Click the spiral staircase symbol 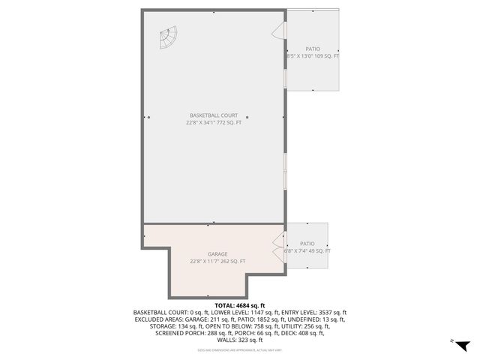(169, 36)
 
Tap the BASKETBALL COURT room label (214, 115)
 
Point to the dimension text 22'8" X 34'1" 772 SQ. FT (214, 122)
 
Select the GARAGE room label (217, 254)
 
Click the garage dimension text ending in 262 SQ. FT (217, 261)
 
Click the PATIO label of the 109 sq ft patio (312, 49)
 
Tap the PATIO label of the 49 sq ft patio (307, 244)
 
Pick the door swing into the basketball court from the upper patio (278, 29)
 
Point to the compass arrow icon (463, 344)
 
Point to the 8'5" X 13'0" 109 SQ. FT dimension (312, 56)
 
